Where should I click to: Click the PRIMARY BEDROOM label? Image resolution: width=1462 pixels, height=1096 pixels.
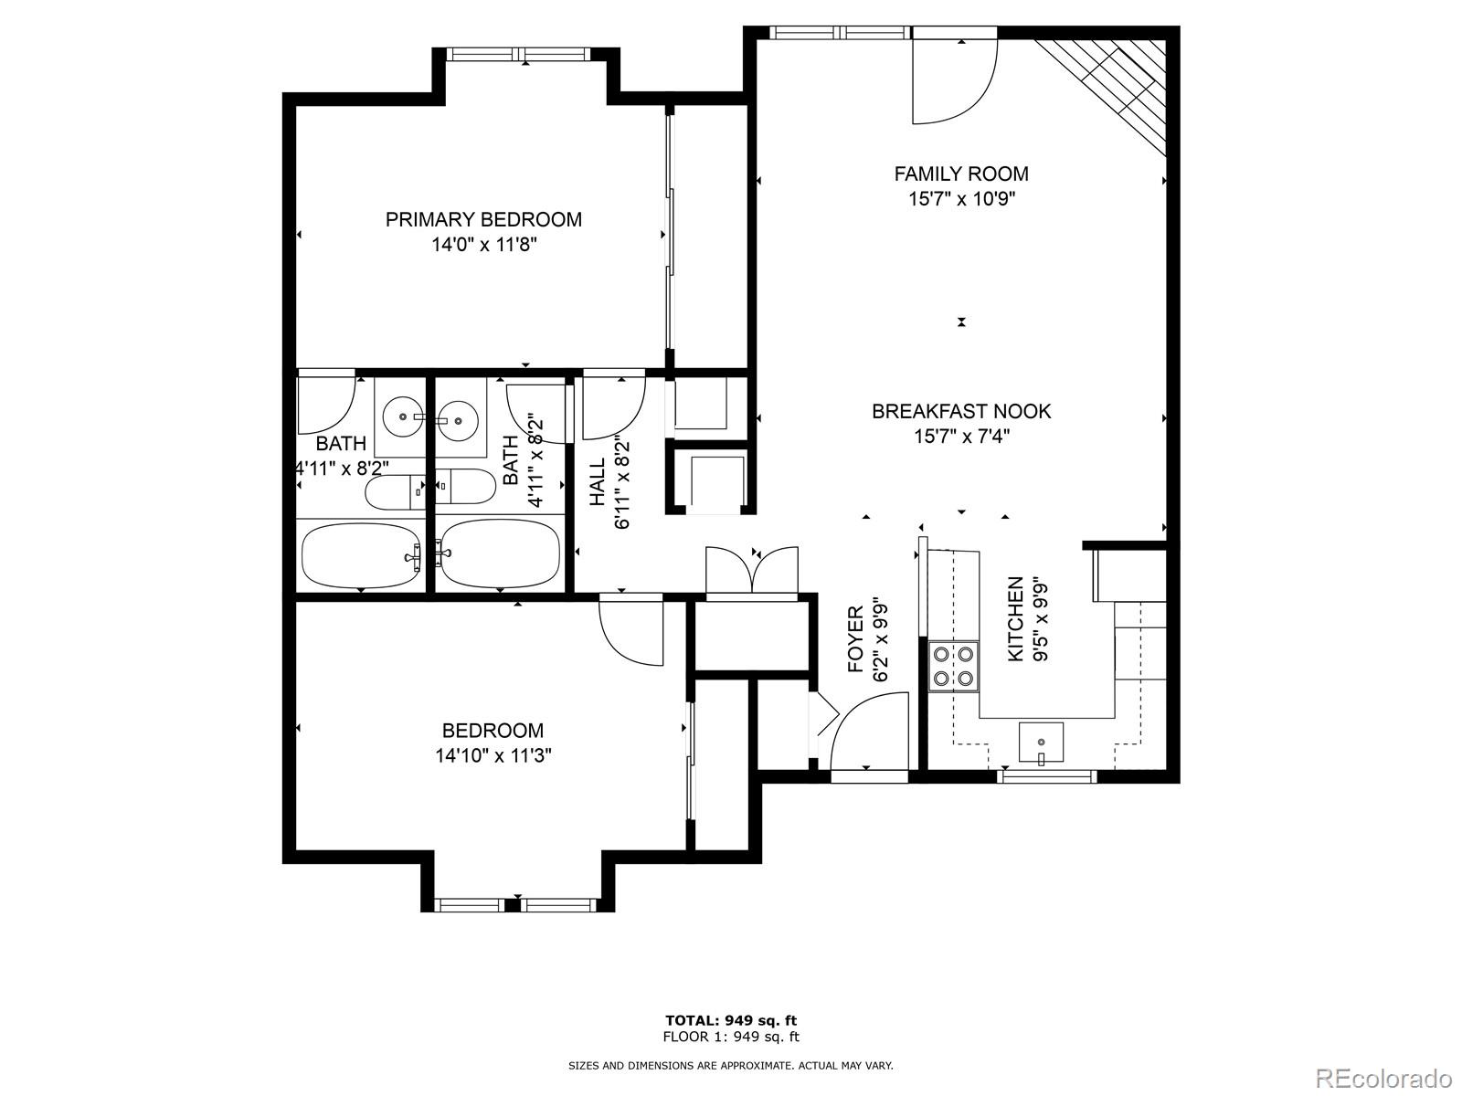tap(483, 219)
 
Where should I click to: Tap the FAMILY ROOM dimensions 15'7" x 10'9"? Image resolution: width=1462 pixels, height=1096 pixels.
tap(961, 199)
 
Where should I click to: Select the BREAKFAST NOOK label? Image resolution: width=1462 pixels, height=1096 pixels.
tap(961, 411)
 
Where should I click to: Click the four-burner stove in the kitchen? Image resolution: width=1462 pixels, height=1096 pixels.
tap(953, 666)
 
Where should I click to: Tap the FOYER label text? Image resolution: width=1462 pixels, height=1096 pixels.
tap(856, 639)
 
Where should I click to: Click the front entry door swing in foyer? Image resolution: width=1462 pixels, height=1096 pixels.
tap(868, 731)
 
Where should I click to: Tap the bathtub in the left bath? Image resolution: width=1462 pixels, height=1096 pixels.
tap(361, 555)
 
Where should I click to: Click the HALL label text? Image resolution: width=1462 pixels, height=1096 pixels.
tap(598, 482)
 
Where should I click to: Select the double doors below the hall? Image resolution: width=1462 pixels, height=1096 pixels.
tap(752, 573)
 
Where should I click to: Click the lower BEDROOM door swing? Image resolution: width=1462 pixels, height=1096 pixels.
tap(630, 630)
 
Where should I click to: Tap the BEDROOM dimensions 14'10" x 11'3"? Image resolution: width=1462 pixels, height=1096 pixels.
tap(493, 756)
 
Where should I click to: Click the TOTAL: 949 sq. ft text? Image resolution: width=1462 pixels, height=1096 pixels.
tap(730, 1020)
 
